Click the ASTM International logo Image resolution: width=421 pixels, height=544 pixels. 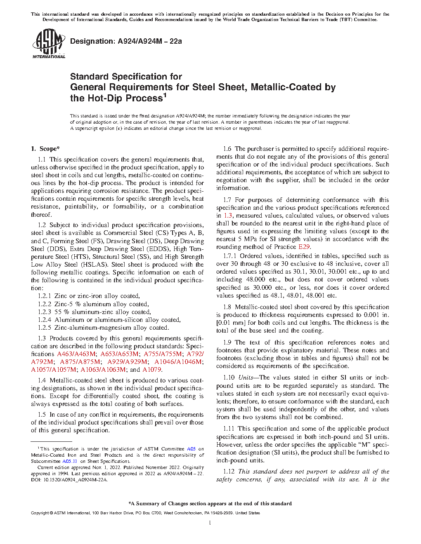click(x=48, y=43)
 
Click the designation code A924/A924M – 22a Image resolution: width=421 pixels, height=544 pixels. click(x=149, y=41)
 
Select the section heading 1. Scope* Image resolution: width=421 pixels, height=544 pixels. click(x=45, y=149)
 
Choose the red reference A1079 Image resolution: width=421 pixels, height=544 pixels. click(x=152, y=370)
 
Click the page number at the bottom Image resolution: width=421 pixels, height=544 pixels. click(x=210, y=523)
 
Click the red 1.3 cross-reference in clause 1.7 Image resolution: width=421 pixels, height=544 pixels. click(x=228, y=216)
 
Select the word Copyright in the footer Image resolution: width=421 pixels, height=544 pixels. click(x=40, y=513)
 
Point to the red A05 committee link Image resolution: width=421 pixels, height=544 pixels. click(x=191, y=449)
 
